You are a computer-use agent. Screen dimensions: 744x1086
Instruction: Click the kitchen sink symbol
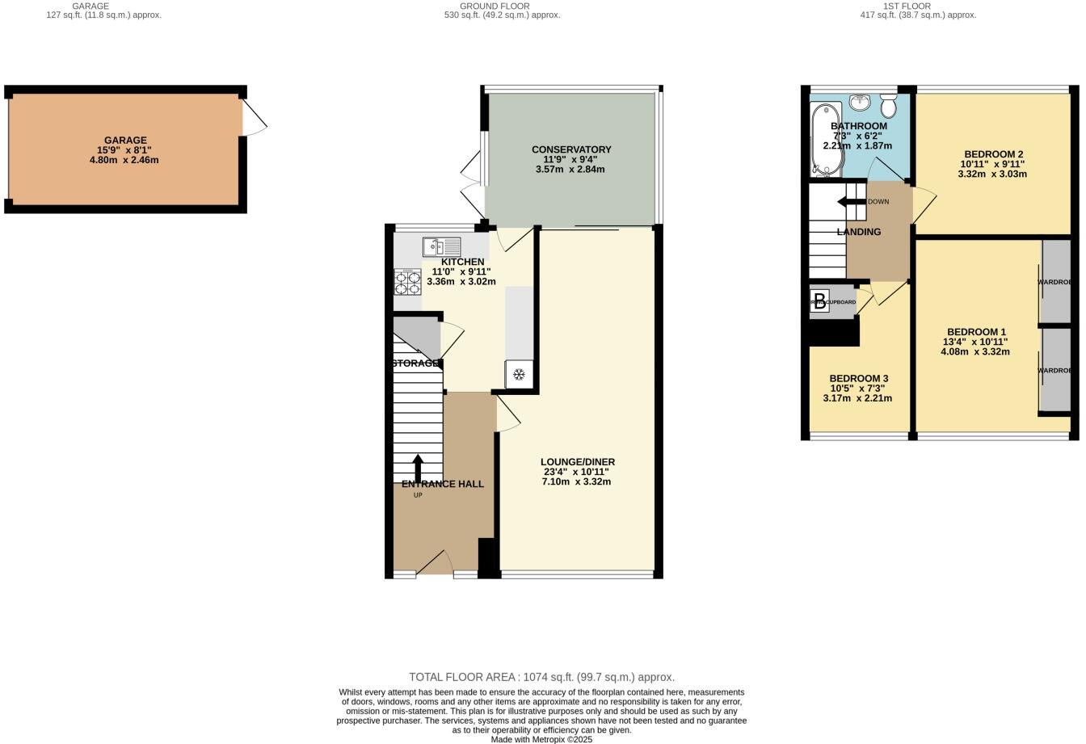441,246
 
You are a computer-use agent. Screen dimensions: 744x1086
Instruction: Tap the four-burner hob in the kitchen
407,283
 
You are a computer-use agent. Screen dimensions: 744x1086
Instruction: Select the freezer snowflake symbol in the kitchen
520,375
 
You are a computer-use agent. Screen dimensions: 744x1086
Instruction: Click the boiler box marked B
819,301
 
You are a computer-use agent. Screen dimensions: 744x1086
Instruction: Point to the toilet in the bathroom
889,106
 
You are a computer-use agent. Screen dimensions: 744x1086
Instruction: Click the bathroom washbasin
860,103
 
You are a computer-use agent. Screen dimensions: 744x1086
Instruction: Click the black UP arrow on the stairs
418,468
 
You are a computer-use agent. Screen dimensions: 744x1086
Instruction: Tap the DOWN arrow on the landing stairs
850,202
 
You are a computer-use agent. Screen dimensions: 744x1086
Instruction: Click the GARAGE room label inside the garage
125,140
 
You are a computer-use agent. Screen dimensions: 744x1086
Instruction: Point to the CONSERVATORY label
571,149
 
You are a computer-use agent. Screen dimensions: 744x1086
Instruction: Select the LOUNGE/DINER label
577,462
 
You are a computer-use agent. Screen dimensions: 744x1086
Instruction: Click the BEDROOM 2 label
993,154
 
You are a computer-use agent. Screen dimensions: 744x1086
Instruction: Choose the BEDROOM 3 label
858,379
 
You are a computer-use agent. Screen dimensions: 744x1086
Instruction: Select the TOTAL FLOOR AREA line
541,677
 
